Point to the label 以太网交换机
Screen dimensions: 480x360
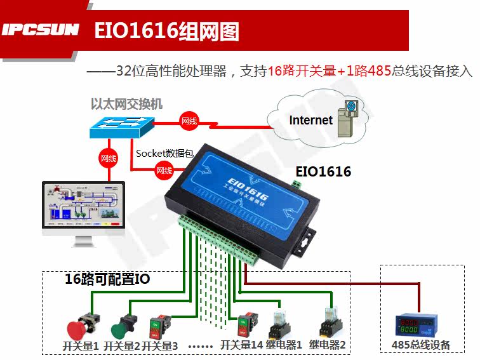coord(126,104)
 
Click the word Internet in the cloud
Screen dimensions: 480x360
coord(310,120)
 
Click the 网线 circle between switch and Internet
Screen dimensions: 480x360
coord(189,121)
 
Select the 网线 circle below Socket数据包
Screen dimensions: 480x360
coord(164,170)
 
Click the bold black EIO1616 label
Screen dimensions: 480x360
coord(323,171)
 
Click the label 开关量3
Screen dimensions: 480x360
coord(159,346)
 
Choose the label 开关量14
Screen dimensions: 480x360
coord(241,346)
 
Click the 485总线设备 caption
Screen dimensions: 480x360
coord(421,345)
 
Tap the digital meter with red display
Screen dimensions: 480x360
coord(420,324)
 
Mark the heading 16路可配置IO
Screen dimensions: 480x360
coord(107,279)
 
